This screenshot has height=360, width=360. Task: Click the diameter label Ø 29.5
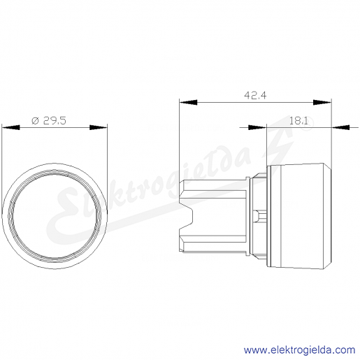pyautogui.click(x=49, y=121)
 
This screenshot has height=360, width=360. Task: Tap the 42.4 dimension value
pyautogui.click(x=255, y=95)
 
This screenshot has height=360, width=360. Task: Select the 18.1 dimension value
pyautogui.click(x=298, y=121)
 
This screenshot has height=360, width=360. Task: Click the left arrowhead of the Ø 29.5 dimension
pyautogui.click(x=11, y=127)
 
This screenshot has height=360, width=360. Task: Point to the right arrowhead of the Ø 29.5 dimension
pyautogui.click(x=99, y=127)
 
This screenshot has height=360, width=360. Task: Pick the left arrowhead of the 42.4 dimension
pyautogui.click(x=189, y=102)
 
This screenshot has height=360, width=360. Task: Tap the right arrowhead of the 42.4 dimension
pyautogui.click(x=322, y=102)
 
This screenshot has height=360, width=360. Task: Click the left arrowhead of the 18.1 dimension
pyautogui.click(x=257, y=127)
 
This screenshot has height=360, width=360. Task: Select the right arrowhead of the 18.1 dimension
pyautogui.click(x=340, y=127)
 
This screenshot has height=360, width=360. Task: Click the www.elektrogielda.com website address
pyautogui.click(x=299, y=350)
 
